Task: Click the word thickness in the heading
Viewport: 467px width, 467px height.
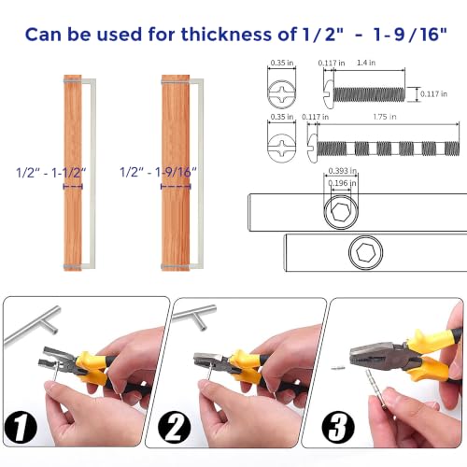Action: coord(226,35)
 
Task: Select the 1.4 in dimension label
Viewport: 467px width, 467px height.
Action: coord(366,63)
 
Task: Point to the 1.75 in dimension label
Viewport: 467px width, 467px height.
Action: coord(385,117)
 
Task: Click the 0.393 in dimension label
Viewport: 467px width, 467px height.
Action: coord(343,171)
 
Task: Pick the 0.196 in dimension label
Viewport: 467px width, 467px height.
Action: coord(343,183)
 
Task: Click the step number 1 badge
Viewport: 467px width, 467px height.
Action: coord(21,427)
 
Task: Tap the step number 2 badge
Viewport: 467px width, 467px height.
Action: coord(175,427)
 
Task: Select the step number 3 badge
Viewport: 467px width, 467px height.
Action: coord(338,427)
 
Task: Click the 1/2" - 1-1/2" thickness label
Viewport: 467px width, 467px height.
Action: coord(51,172)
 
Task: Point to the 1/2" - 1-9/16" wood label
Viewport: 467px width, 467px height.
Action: coord(159,172)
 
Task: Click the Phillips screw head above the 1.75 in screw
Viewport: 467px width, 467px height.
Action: coord(282,148)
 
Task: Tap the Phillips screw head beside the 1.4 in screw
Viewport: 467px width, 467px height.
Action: coord(282,94)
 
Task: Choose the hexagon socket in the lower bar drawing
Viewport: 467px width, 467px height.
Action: coord(365,252)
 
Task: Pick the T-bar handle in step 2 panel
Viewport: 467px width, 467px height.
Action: coord(195,317)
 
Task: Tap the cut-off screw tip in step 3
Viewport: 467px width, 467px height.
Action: coord(338,368)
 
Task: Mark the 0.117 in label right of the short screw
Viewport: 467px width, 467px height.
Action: coord(433,93)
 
